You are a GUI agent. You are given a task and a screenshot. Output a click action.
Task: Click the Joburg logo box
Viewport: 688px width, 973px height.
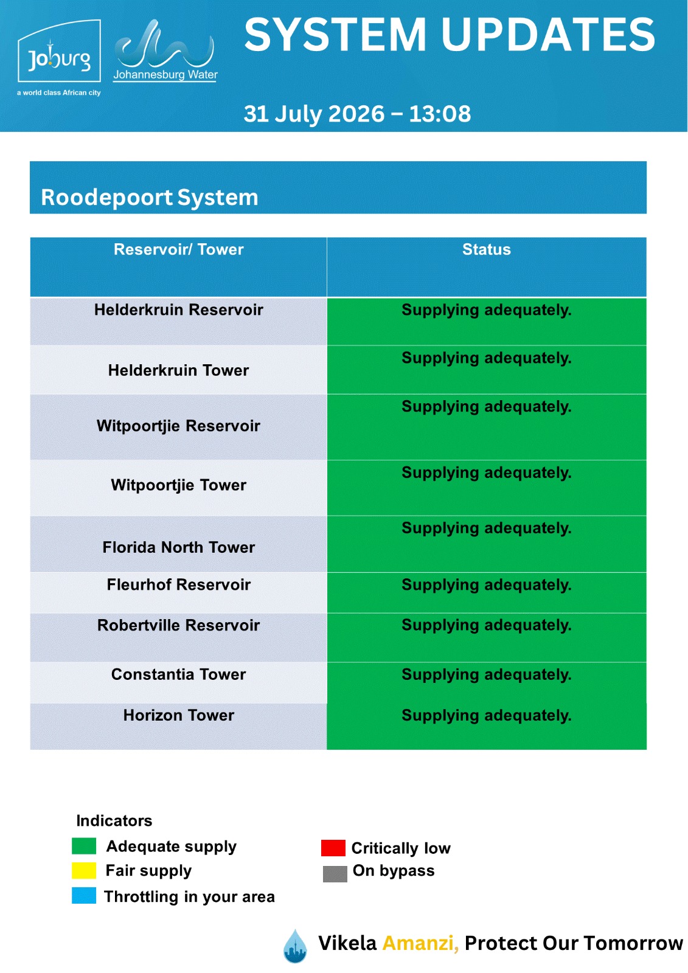coord(59,50)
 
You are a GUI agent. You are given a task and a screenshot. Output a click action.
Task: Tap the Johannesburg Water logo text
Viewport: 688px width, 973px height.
coord(165,75)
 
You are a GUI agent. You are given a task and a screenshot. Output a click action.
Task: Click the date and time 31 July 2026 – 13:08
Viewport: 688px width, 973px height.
coord(357,114)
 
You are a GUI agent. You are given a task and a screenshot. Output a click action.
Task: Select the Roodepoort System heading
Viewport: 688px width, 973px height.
coord(150,197)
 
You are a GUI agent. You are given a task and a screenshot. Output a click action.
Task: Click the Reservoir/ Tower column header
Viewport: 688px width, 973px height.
coord(179,249)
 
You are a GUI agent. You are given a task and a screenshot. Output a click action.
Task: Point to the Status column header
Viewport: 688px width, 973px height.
coord(486,249)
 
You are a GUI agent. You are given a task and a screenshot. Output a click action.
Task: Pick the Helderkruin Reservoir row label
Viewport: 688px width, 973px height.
coord(179,310)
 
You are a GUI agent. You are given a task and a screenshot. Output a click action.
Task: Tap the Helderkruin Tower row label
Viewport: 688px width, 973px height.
coord(179,370)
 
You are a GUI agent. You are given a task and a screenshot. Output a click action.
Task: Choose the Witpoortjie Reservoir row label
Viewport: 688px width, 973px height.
coord(179,426)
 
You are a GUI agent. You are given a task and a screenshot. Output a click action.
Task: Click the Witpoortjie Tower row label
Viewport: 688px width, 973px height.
coord(179,485)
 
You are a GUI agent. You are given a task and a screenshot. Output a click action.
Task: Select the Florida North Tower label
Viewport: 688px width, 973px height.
coord(179,547)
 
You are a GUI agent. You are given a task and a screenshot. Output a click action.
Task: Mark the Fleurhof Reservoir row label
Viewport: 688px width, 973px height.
coord(179,584)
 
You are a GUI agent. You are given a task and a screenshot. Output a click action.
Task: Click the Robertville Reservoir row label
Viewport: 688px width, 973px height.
coord(179,625)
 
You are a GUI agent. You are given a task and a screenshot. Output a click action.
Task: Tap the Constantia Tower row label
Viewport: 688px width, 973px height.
coord(179,674)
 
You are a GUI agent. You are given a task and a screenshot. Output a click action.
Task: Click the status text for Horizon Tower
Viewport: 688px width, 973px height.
coord(486,715)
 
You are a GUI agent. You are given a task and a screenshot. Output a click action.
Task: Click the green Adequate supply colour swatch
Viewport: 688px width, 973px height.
coord(84,846)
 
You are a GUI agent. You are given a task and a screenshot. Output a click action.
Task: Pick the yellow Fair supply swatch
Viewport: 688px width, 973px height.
coord(84,870)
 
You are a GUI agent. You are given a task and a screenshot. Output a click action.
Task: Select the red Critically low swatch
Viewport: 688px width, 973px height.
coord(333,848)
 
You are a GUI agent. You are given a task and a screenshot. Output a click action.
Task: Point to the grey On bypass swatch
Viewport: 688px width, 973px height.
coord(335,874)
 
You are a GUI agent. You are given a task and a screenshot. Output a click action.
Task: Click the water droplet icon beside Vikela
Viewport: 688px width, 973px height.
coord(295,946)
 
